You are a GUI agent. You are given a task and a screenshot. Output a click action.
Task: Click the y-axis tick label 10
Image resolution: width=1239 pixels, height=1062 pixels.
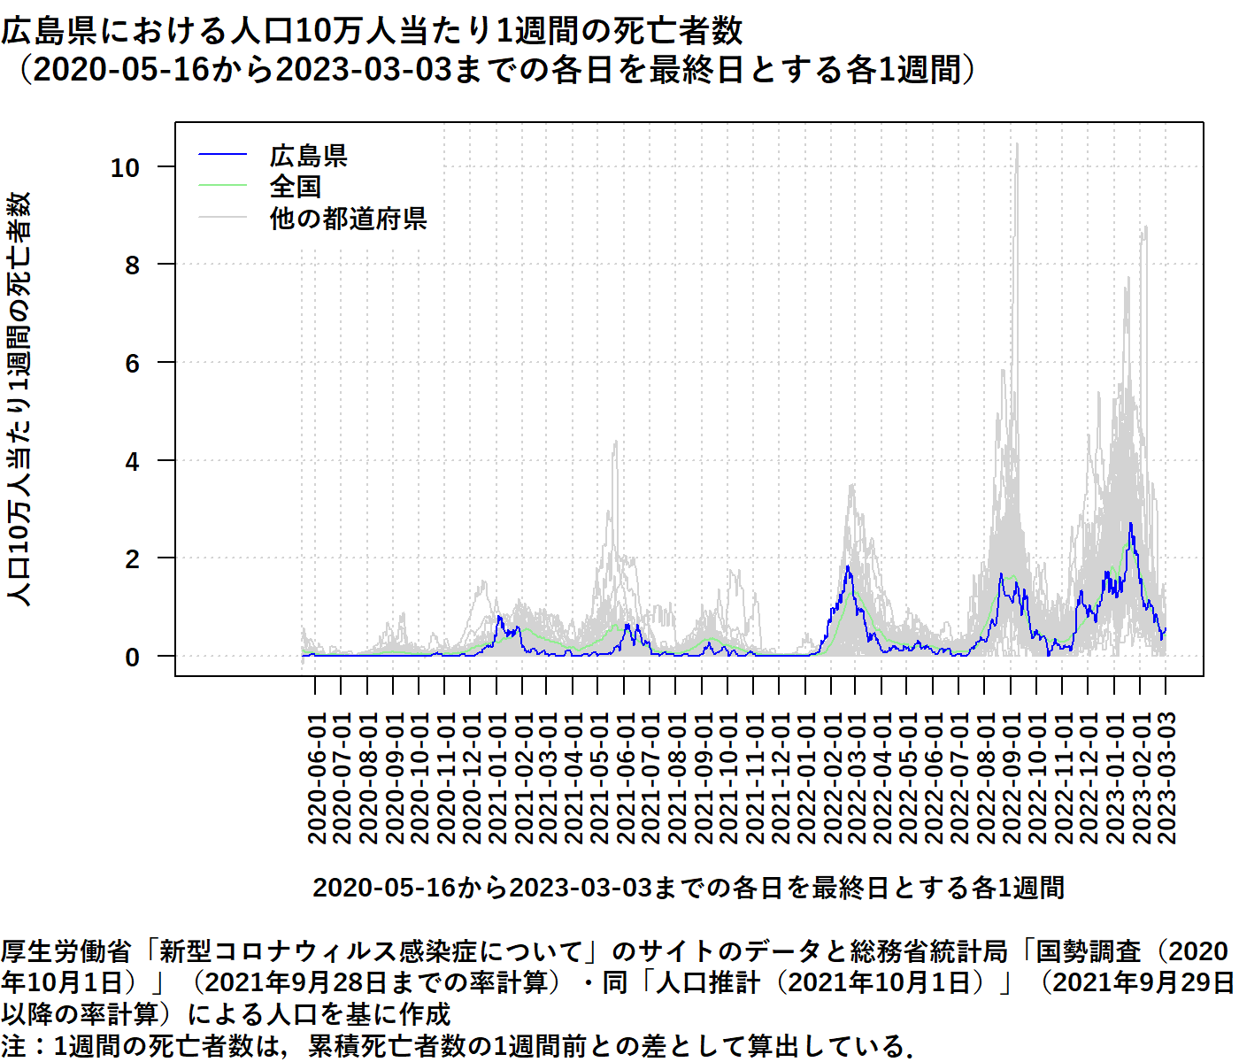click(125, 167)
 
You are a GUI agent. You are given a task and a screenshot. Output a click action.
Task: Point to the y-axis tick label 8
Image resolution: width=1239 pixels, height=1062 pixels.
click(132, 265)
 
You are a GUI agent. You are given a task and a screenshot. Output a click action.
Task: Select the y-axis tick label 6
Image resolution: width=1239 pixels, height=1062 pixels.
click(132, 363)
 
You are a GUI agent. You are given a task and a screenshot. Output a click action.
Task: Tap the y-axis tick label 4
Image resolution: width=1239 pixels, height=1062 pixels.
click(132, 461)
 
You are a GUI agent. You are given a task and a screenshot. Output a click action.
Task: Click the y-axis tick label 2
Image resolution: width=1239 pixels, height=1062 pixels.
click(132, 559)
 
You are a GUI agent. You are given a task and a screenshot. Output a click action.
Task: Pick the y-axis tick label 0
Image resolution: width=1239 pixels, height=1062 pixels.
click(132, 658)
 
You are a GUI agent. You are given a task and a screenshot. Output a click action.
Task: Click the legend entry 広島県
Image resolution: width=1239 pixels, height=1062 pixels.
click(308, 156)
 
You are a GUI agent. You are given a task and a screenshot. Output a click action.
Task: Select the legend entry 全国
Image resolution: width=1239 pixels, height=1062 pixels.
click(296, 187)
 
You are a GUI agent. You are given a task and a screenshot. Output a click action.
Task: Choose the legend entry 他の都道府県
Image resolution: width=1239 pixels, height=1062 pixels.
click(348, 218)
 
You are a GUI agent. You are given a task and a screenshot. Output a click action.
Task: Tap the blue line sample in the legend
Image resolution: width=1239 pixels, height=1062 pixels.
click(222, 156)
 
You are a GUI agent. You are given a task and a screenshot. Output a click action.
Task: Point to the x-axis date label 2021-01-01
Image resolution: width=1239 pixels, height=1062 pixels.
click(497, 778)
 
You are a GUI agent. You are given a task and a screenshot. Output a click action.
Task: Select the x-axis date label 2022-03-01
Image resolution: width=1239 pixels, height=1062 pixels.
click(856, 778)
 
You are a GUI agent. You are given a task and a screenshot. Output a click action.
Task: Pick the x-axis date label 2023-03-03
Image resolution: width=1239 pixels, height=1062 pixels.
click(1166, 778)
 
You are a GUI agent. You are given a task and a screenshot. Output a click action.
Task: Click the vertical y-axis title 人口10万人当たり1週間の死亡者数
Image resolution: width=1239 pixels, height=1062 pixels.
click(19, 398)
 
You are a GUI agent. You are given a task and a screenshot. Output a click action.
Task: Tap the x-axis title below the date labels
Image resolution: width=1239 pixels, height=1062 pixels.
click(689, 887)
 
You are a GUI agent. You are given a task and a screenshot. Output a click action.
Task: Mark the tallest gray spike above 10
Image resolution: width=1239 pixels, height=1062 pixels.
click(1016, 147)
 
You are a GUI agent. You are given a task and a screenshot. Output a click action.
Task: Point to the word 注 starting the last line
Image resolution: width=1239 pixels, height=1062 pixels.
click(13, 1045)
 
